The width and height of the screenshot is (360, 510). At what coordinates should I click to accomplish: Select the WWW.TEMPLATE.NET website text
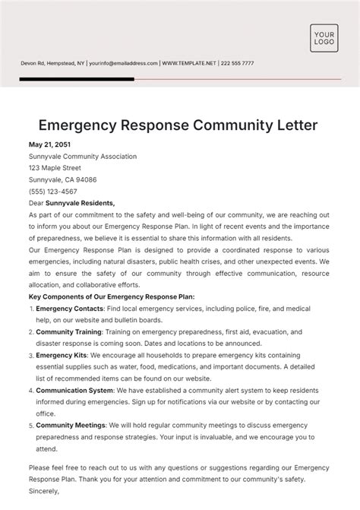tap(190, 63)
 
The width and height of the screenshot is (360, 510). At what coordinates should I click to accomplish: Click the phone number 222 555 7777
tap(237, 63)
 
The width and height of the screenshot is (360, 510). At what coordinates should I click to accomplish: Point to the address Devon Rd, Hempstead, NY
tap(52, 63)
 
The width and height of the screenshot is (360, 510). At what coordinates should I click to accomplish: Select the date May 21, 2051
tap(49, 144)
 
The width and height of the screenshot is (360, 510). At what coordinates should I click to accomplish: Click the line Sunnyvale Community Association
tap(83, 157)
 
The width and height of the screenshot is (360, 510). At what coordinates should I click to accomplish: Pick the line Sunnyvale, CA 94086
tap(62, 180)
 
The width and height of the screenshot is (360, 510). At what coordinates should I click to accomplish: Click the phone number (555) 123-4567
tap(53, 192)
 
